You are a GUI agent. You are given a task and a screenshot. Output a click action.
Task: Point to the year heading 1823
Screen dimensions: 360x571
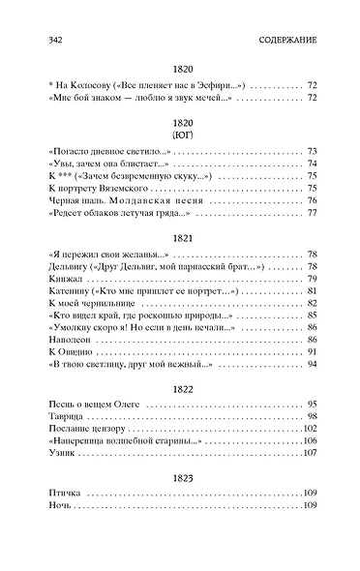click(x=180, y=476)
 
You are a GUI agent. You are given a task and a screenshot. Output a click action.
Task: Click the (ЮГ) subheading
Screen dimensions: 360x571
click(x=180, y=134)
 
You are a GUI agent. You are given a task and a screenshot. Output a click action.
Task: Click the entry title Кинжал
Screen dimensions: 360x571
click(x=61, y=280)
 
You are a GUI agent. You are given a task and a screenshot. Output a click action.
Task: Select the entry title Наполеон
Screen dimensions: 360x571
click(x=65, y=340)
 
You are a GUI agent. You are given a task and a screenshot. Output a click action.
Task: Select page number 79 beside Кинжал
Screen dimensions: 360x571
click(x=312, y=280)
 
